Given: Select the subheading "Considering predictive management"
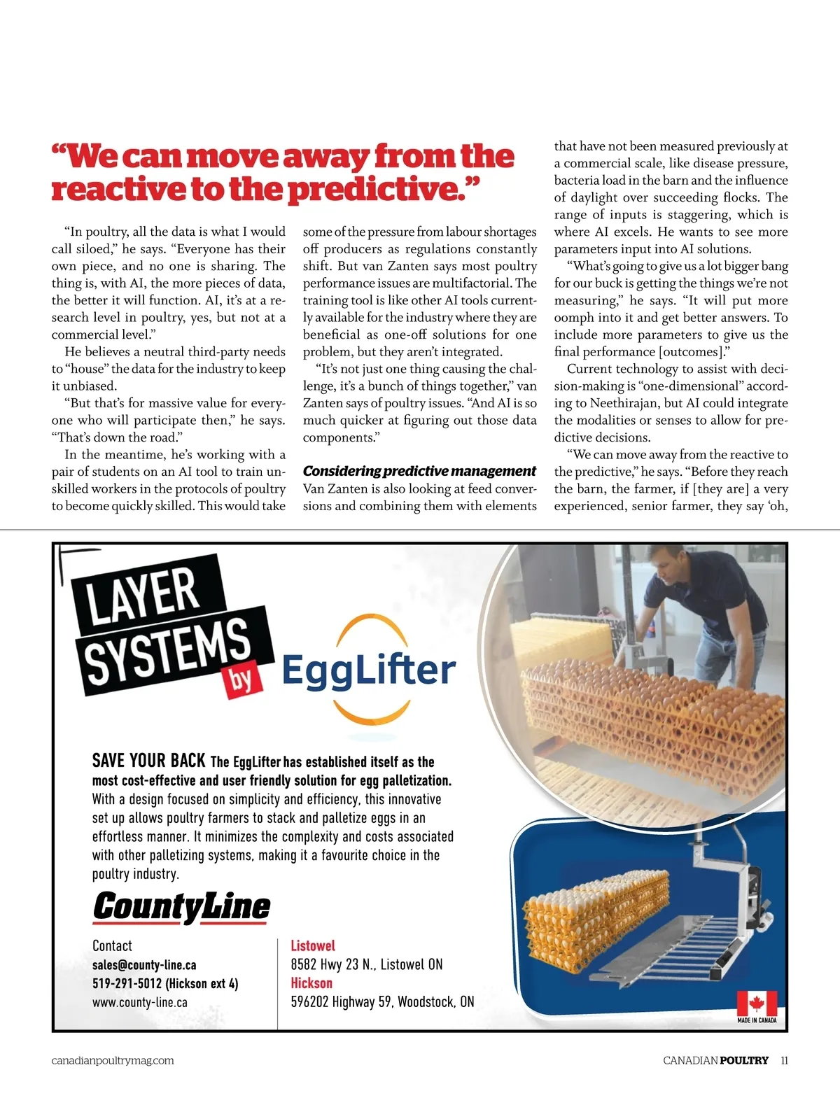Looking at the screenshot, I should coord(419,471).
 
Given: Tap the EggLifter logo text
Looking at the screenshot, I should coord(368,669).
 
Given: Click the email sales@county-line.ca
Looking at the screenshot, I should coord(144,964).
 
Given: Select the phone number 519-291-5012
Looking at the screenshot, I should coord(127,983).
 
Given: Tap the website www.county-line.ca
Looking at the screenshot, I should coord(140,1002).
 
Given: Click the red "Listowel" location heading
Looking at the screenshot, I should coord(313,945).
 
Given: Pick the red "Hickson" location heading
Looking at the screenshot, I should coord(311,983).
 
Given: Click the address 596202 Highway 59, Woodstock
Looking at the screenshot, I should coord(382,1002).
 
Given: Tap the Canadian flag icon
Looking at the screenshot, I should coord(757,1004).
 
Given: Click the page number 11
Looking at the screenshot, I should coord(784,1060).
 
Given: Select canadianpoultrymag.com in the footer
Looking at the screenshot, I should coord(113,1060).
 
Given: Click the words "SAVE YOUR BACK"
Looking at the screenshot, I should coord(148,761).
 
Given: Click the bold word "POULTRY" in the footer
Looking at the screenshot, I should coord(744,1060).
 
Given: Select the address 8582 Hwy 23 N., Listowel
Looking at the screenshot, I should coord(367,964).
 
